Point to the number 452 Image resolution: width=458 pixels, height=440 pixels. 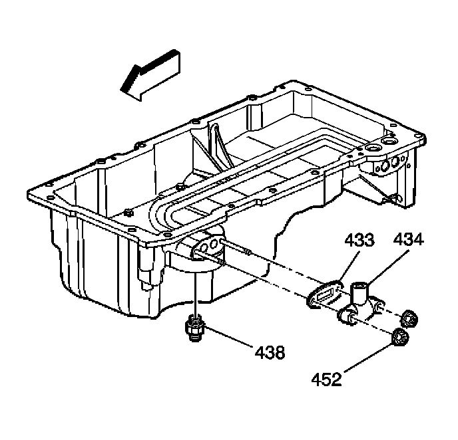coord(327,380)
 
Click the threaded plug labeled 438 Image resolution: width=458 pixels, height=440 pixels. coord(194,328)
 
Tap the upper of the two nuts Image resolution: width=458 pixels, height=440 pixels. coord(411,320)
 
